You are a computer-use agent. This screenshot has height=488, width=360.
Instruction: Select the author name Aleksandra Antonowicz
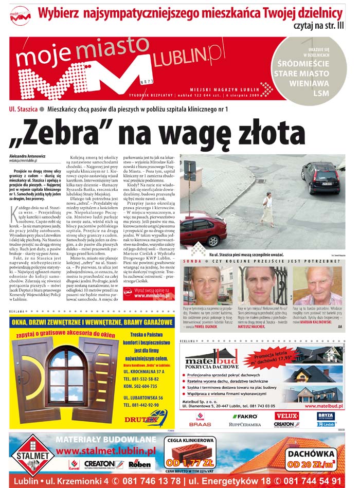31,156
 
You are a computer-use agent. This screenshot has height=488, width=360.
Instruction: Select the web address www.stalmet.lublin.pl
106,451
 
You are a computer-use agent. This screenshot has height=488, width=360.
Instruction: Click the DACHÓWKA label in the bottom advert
312,454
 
